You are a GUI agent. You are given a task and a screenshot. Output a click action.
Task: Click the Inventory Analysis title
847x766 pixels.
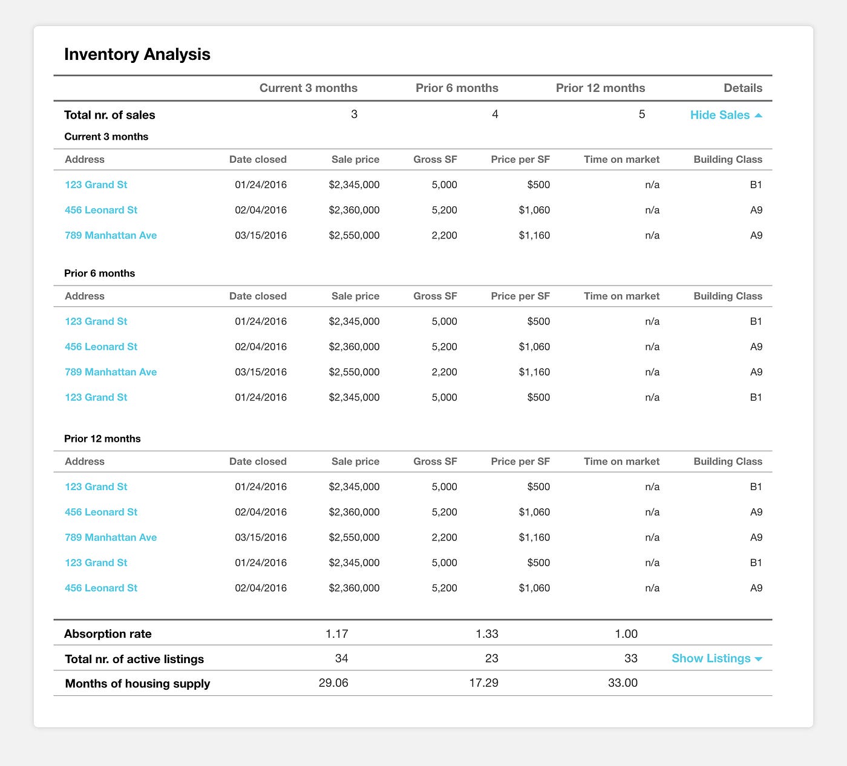coord(137,54)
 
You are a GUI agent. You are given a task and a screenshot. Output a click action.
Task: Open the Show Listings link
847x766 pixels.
coord(716,658)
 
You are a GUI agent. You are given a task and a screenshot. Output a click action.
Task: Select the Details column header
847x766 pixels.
coord(743,88)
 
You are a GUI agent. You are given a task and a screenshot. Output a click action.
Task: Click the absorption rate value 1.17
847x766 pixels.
coord(337,633)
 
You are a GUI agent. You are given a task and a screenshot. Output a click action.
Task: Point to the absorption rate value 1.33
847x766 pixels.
coord(487,633)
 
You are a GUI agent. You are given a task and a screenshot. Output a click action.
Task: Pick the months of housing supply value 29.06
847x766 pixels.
coord(333,683)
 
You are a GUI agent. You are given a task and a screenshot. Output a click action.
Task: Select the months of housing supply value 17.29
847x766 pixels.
coord(483,683)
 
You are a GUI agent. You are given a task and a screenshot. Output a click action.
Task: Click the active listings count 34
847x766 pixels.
coord(341,658)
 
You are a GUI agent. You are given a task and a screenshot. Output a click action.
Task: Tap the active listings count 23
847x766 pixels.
coord(491,658)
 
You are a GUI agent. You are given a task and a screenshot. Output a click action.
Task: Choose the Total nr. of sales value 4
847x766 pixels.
coord(495,114)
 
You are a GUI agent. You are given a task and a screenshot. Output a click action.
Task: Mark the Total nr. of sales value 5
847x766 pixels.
coord(642,114)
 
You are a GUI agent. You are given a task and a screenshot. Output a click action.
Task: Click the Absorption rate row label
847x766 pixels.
coord(108,634)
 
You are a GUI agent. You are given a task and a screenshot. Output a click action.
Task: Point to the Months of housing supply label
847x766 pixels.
coord(137,684)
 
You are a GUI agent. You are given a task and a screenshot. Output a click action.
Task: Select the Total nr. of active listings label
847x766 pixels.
coord(134,659)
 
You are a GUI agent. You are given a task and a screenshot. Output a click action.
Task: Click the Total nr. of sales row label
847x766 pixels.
coord(110,115)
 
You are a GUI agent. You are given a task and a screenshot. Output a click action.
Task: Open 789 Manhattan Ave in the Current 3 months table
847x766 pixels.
coord(111,235)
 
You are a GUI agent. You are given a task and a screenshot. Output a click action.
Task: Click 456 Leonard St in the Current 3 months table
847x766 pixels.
coord(101,210)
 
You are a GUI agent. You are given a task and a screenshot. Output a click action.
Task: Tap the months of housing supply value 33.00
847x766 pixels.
coord(623,683)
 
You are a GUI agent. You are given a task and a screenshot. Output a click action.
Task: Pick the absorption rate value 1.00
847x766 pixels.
coord(626,633)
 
